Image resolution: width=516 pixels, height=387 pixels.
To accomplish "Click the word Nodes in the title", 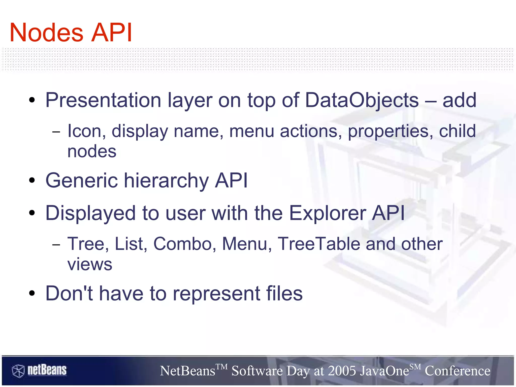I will click(46, 33).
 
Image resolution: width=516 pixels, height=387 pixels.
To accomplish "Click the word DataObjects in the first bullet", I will click(362, 100).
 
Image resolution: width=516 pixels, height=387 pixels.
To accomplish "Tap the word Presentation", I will click(103, 100).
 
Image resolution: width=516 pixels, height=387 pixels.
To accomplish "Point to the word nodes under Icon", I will click(92, 152).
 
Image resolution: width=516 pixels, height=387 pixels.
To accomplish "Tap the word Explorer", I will click(327, 213).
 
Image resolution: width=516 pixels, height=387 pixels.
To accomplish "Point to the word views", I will click(90, 264).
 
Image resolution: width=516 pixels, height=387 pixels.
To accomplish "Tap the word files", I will click(284, 293).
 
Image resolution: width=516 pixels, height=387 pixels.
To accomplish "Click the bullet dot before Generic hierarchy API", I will click(32, 181).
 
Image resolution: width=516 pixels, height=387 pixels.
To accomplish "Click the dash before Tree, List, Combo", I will click(56, 245).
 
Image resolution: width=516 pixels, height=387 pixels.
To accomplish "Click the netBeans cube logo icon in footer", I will click(18, 371).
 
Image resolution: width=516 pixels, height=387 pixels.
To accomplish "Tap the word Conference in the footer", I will click(457, 371).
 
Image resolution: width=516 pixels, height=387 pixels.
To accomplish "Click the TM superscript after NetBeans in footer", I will click(221, 367).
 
